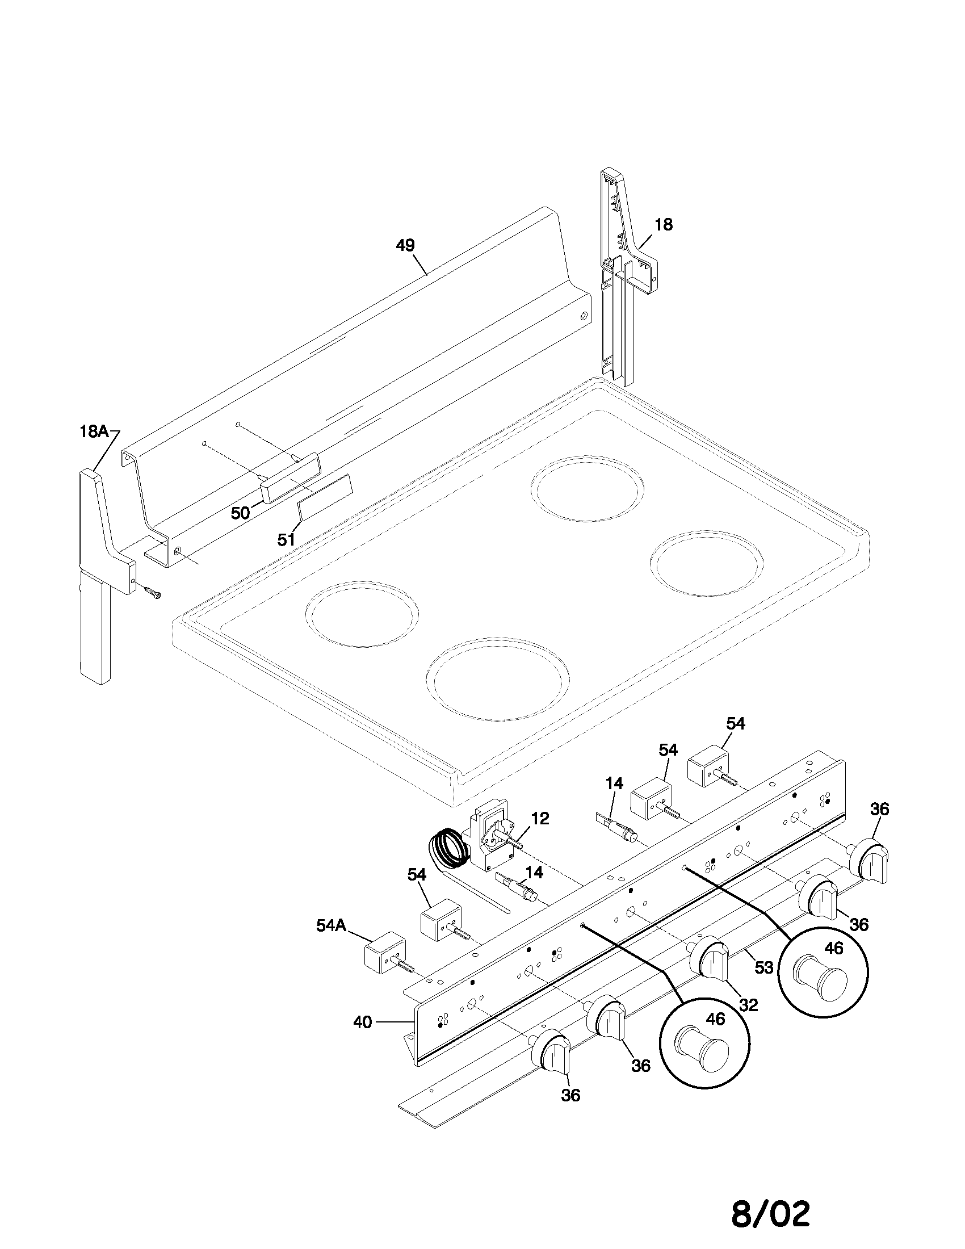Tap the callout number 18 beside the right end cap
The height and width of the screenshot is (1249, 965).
pos(663,225)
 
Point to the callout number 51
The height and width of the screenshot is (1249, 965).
pos(287,539)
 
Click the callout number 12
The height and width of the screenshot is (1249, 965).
pos(539,818)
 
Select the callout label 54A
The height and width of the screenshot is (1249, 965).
pos(331,925)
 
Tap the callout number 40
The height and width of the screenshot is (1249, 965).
pos(363,1022)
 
